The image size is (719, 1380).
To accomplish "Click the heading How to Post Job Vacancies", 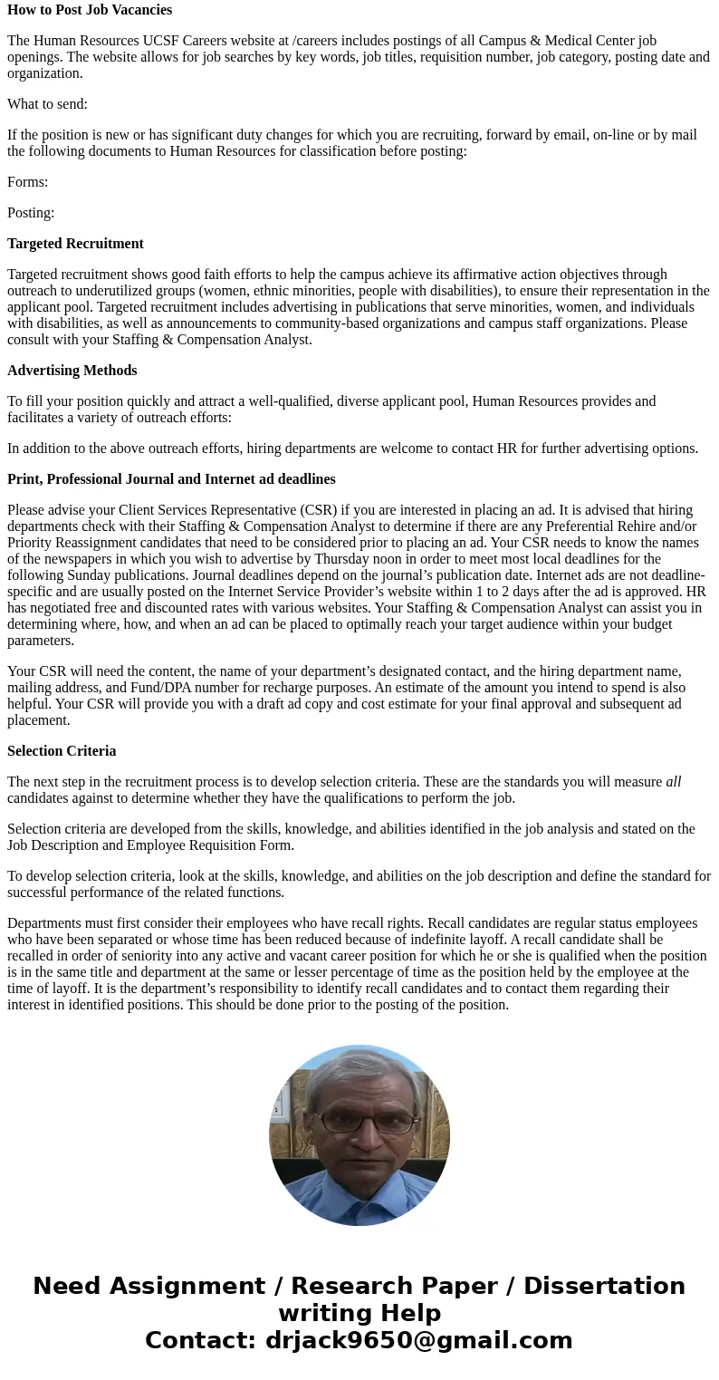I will tap(90, 10).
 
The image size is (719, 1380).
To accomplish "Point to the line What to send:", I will tap(47, 104).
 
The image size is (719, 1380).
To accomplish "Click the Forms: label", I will tap(27, 182).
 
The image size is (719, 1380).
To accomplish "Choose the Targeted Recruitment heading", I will tap(75, 244).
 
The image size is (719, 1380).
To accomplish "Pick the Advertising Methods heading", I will tap(72, 371).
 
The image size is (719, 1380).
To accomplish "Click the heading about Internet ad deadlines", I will tap(171, 479).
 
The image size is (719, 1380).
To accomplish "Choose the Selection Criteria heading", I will tap(62, 751).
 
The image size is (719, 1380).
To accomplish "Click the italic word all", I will tap(673, 782).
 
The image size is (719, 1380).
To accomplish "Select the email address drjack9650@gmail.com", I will tap(418, 1340).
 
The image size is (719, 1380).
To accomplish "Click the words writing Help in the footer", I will tap(359, 1313).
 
